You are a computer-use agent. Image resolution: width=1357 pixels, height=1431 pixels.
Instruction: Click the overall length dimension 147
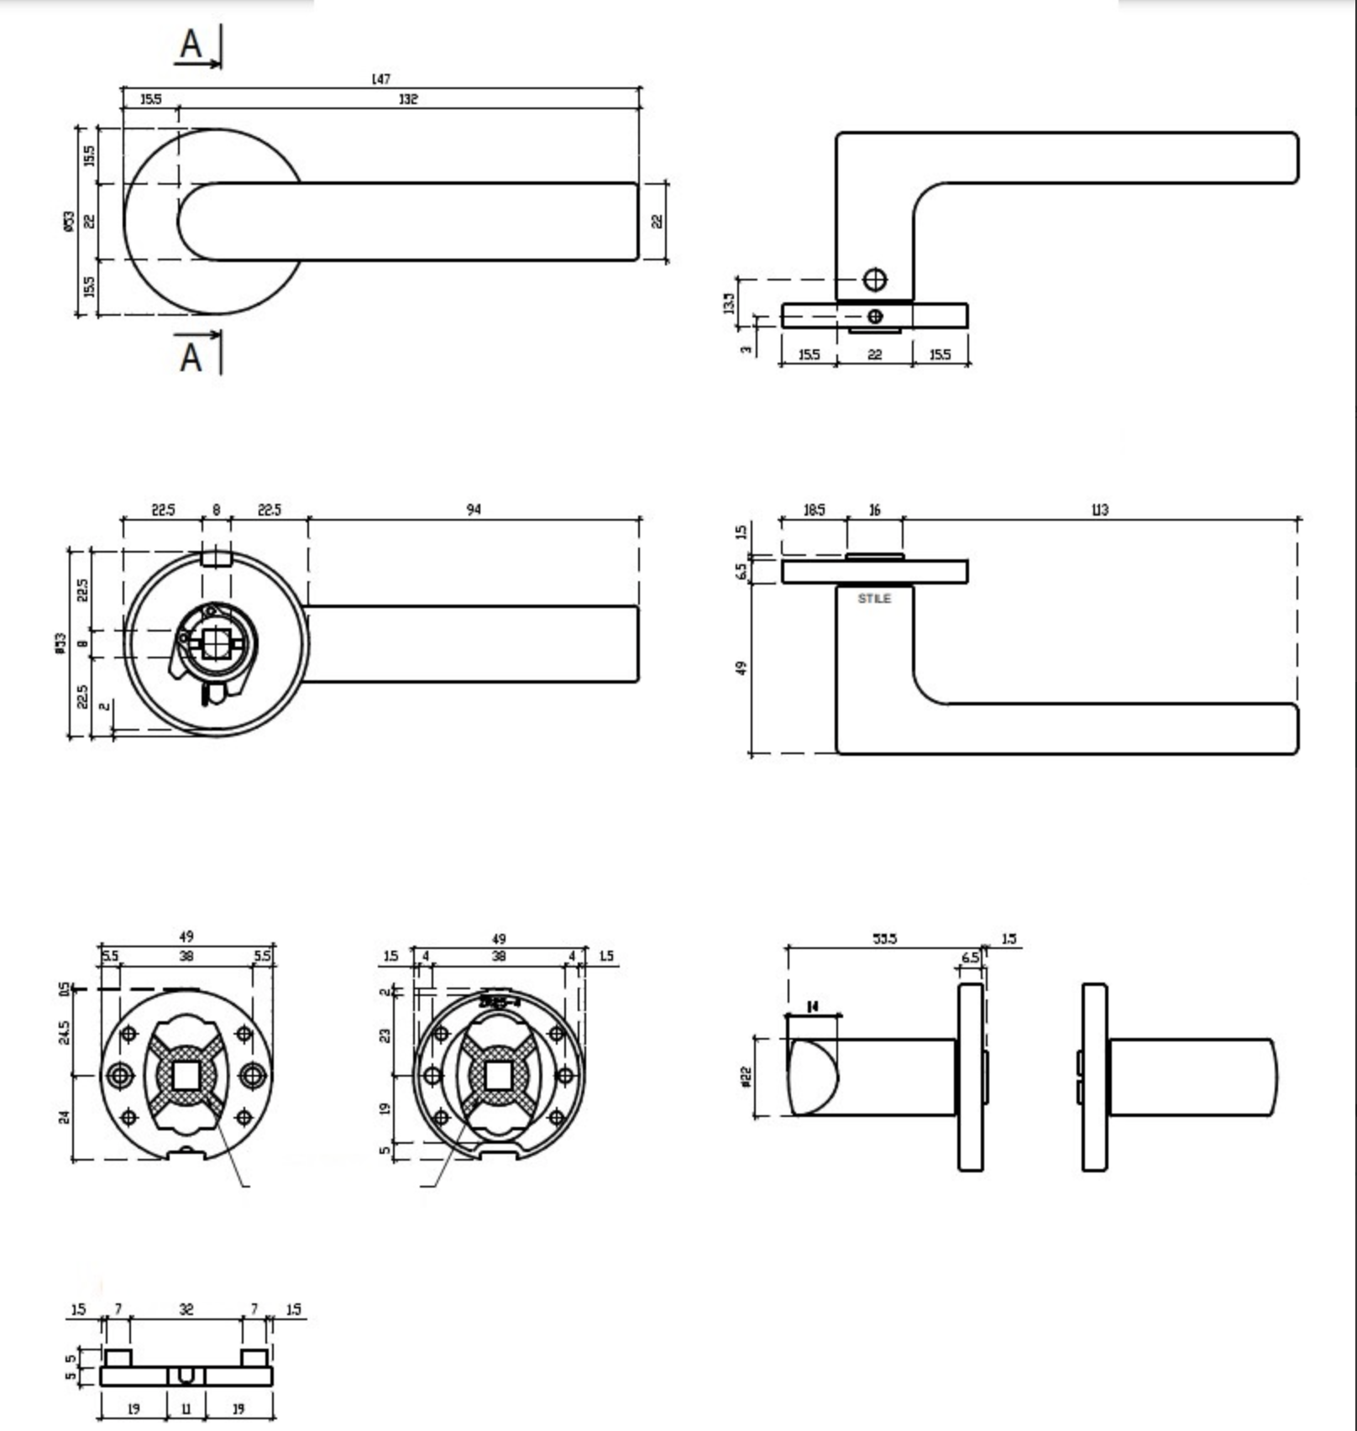point(380,79)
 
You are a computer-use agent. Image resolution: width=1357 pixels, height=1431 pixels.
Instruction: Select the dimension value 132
point(408,99)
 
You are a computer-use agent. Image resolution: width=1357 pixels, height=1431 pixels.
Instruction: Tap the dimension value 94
point(474,509)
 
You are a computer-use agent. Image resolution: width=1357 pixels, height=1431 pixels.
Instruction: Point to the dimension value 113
point(1099,509)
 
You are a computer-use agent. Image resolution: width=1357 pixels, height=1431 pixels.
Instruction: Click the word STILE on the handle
point(874,599)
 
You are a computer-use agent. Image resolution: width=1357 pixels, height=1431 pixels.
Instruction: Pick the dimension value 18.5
point(814,510)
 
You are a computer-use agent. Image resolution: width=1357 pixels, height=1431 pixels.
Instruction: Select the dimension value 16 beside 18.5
point(874,510)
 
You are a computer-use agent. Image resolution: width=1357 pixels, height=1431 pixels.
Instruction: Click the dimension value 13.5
point(728,303)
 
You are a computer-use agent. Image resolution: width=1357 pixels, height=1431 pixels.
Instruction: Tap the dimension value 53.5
point(884,938)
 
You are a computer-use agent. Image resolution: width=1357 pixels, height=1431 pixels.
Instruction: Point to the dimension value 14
point(812,1006)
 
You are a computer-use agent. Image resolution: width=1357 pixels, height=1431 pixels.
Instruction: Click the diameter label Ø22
point(746,1077)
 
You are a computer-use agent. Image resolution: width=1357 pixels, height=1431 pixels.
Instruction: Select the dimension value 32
point(186,1309)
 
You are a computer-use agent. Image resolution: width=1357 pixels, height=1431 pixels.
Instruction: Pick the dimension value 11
point(186,1408)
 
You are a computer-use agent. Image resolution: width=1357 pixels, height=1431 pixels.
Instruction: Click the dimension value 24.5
point(65,1032)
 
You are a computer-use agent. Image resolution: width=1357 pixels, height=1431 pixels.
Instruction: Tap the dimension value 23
point(385,1035)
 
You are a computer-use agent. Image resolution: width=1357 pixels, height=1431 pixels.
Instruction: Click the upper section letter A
point(191,44)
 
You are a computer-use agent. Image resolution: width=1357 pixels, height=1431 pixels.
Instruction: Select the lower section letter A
point(191,357)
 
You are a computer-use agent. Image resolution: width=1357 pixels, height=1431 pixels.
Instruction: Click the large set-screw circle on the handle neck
point(874,280)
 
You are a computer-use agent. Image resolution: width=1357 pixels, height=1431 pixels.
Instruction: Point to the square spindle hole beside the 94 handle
point(215,643)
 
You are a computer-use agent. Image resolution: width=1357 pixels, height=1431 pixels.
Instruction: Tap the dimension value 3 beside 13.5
point(746,349)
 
